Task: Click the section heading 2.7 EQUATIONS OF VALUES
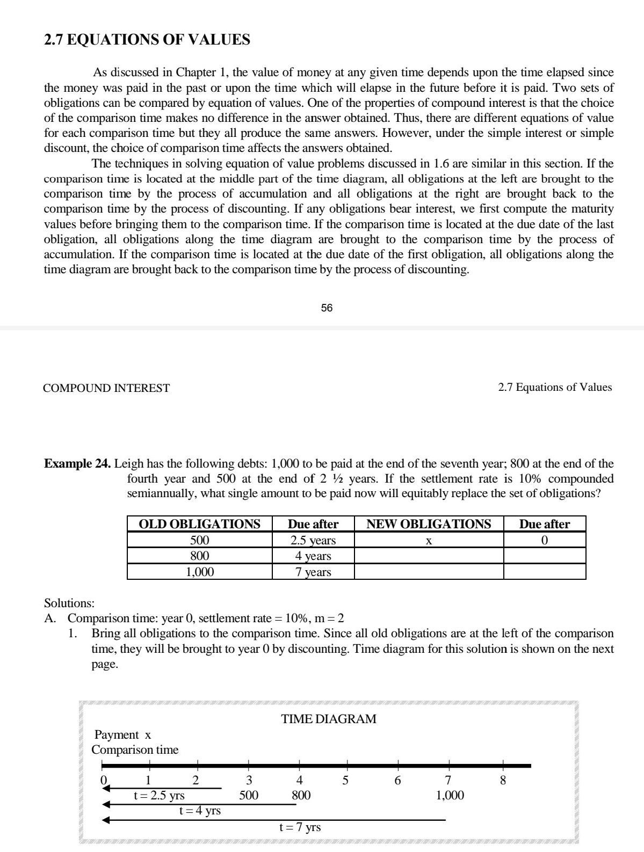point(147,40)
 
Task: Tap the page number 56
point(327,308)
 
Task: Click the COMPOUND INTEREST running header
point(106,388)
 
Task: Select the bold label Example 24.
point(78,464)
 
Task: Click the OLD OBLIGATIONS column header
point(199,524)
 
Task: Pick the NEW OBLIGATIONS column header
point(429,524)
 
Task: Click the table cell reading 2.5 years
point(313,540)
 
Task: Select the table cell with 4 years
point(313,556)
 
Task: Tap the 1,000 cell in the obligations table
point(199,572)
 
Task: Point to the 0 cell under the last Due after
point(544,540)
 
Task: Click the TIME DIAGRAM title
point(329,719)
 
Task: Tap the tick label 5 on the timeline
point(346,780)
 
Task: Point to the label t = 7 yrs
point(300,827)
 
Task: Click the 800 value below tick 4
point(301,795)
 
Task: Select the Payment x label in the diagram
point(122,734)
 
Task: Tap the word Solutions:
point(69,603)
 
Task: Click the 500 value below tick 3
point(249,795)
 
